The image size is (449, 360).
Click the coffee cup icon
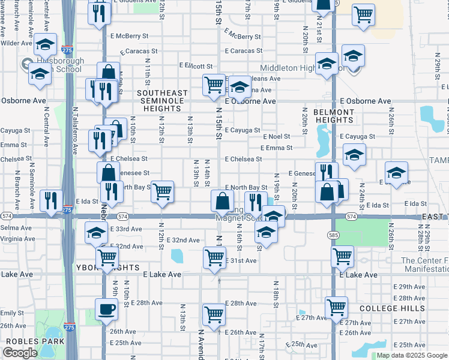[x=106, y=310]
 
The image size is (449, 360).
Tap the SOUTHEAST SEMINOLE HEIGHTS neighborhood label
[x=162, y=97]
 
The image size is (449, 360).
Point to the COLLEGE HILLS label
[x=392, y=308]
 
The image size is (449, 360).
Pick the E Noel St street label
[x=275, y=137]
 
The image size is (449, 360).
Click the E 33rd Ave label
[x=126, y=229]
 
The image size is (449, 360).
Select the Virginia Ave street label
[x=17, y=238]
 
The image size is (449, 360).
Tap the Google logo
[x=20, y=352]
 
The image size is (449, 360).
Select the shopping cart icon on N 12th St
[x=162, y=192]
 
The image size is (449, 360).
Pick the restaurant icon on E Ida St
[x=50, y=200]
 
